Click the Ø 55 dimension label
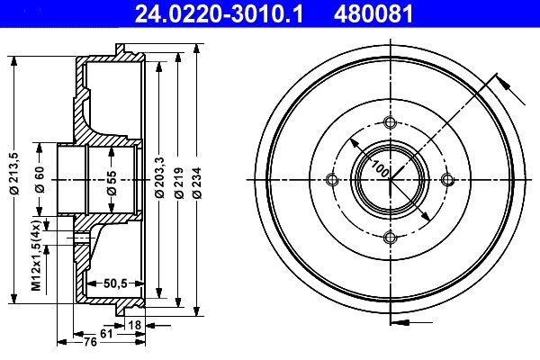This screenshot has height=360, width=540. pyautogui.click(x=112, y=180)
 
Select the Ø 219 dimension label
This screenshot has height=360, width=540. pyautogui.click(x=179, y=180)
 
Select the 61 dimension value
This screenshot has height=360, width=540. pyautogui.click(x=105, y=333)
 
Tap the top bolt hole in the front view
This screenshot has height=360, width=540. pyautogui.click(x=390, y=123)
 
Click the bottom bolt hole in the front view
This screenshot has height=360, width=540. pyautogui.click(x=390, y=238)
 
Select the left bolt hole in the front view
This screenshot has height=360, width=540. pyautogui.click(x=333, y=180)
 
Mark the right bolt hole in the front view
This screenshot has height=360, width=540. pyautogui.click(x=447, y=180)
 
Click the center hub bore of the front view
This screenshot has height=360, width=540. pyautogui.click(x=390, y=180)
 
